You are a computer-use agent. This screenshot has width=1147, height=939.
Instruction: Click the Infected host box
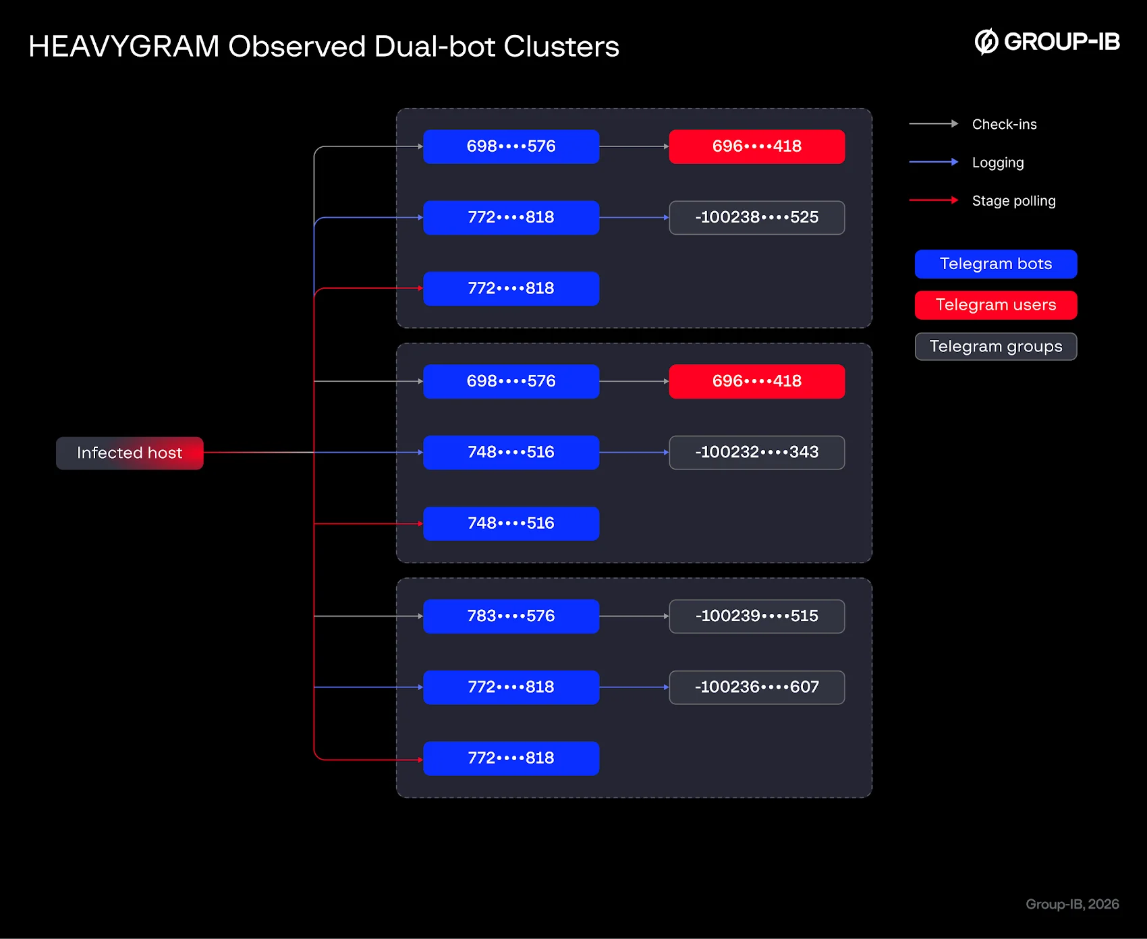(x=130, y=453)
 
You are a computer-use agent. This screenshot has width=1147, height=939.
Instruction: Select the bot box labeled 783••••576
(x=511, y=616)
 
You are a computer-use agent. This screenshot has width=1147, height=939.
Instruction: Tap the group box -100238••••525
(x=757, y=217)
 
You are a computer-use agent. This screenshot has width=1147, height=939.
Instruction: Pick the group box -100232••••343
(x=757, y=452)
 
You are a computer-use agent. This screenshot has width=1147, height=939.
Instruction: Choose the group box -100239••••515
(x=757, y=616)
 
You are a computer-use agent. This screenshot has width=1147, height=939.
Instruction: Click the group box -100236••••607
(x=757, y=687)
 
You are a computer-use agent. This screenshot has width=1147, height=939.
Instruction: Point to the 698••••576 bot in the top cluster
(x=511, y=146)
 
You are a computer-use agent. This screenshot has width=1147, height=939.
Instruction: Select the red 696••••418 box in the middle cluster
(x=757, y=381)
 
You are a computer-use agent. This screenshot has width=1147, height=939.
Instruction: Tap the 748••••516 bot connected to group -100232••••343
(x=511, y=452)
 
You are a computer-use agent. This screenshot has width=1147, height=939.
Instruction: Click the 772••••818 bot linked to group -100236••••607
(x=511, y=687)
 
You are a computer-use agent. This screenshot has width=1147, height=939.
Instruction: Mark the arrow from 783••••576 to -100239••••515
(x=634, y=616)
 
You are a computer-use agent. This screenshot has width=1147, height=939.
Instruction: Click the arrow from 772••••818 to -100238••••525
(x=634, y=217)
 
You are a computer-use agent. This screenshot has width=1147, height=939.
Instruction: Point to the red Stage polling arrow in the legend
(x=934, y=200)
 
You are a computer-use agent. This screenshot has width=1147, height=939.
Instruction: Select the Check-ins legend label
(x=1004, y=124)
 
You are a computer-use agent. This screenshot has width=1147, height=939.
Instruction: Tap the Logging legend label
(x=998, y=163)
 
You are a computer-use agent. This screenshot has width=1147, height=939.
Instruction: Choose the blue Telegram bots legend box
(x=996, y=264)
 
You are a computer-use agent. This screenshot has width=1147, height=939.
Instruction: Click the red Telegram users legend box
(x=996, y=305)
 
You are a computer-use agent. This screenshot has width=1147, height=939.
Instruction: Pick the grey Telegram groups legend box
(x=996, y=347)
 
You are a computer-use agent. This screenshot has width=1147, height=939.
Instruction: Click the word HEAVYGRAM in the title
(x=124, y=47)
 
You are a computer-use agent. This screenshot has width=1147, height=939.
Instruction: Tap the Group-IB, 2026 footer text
(x=1072, y=904)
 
